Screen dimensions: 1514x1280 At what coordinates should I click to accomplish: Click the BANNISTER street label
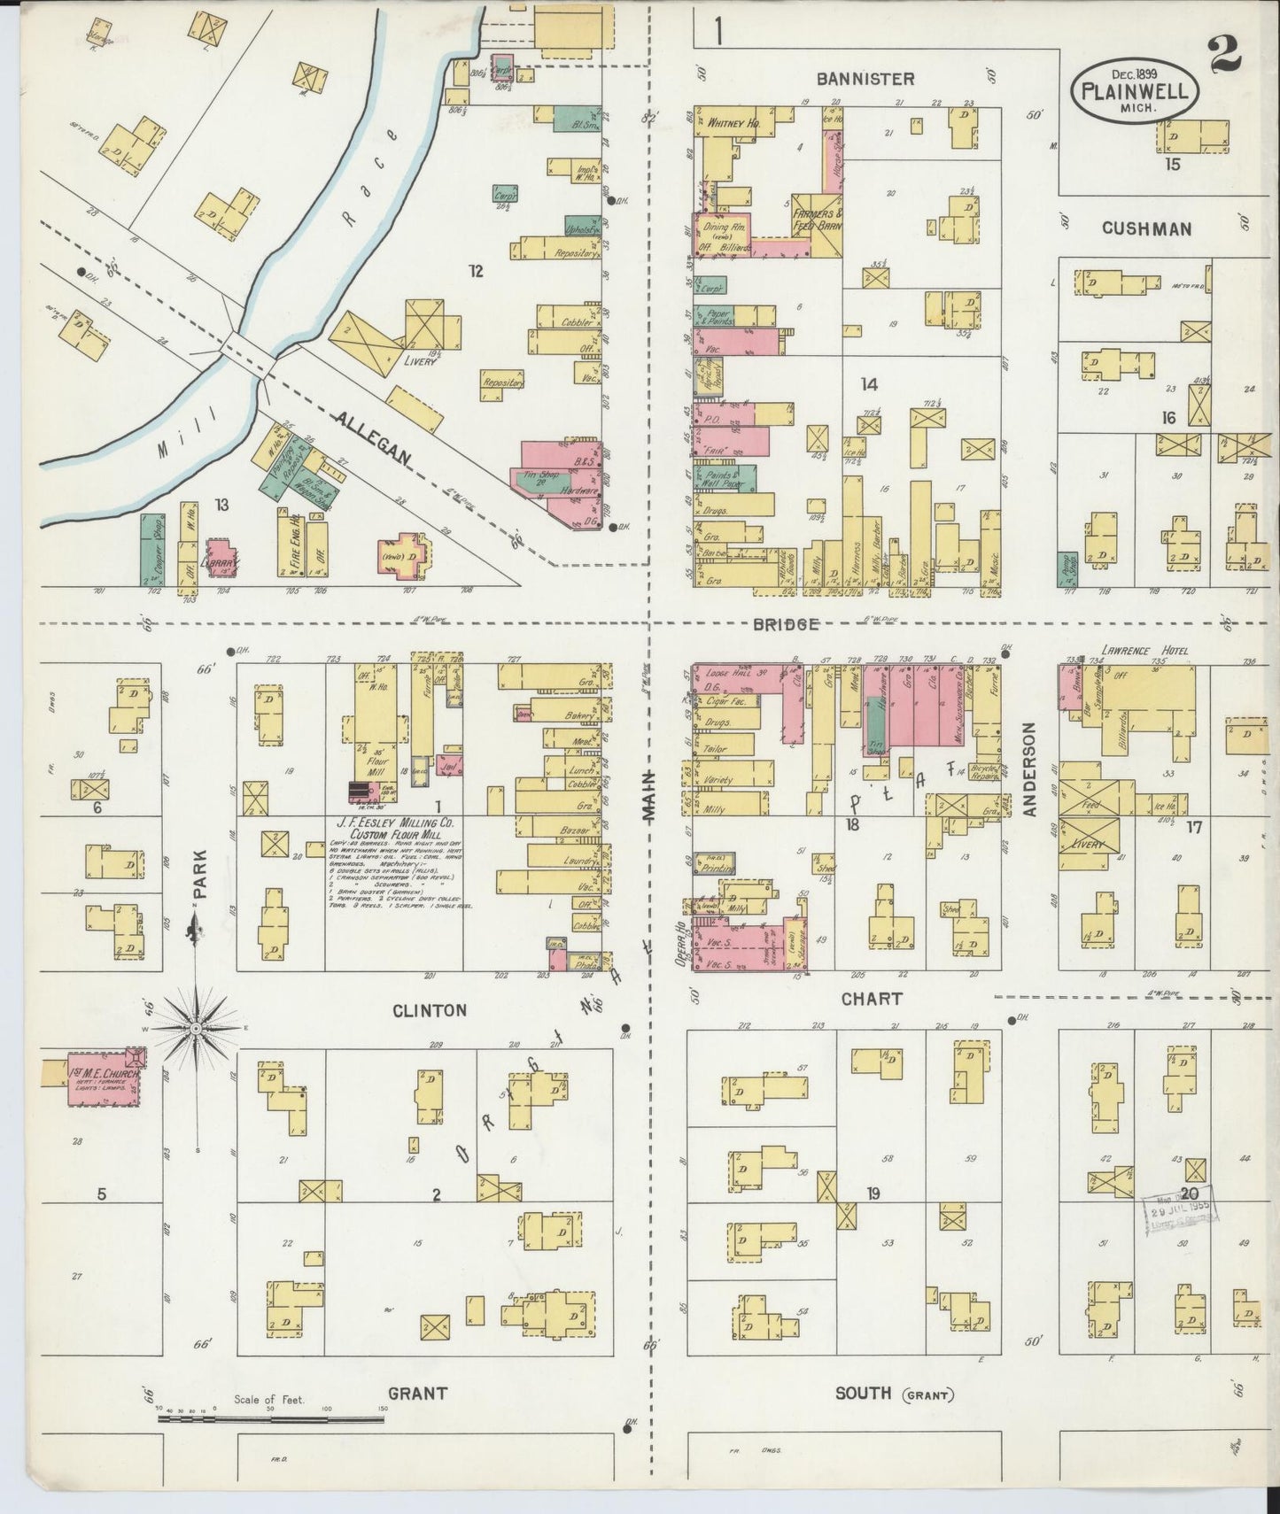tap(865, 79)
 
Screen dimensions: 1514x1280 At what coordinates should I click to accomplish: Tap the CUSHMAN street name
tap(1146, 228)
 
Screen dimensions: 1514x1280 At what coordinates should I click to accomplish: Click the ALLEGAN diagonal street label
tap(372, 438)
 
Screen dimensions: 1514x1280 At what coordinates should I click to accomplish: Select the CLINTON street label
tap(429, 1009)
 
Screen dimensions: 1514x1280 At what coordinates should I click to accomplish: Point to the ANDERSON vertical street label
tap(1029, 769)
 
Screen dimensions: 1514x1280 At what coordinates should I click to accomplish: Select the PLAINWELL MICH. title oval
tap(1136, 89)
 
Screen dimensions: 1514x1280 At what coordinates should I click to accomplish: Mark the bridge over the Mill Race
tap(252, 346)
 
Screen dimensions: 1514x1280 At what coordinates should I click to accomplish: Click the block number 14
tap(869, 383)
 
